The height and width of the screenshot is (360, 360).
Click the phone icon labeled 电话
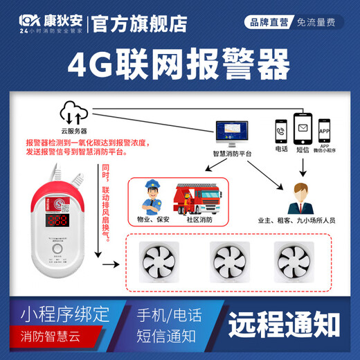tap(282, 129)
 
